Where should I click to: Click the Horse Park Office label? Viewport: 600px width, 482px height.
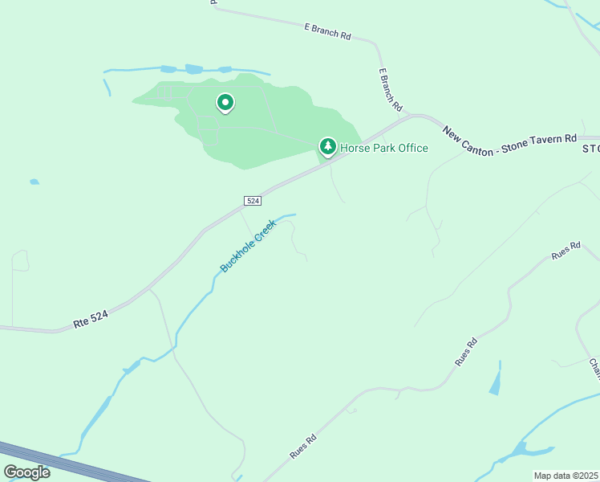click(384, 148)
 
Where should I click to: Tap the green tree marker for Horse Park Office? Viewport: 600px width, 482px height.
click(327, 146)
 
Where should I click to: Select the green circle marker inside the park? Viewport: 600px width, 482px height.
click(225, 103)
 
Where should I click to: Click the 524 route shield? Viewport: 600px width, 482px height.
click(253, 200)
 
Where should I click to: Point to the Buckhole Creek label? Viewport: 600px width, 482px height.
click(248, 246)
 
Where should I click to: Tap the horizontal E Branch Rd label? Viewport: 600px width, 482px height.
click(328, 32)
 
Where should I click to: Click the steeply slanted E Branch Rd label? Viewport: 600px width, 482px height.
click(391, 90)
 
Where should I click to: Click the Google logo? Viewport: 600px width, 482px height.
click(26, 472)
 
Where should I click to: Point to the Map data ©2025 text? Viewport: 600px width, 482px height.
click(566, 476)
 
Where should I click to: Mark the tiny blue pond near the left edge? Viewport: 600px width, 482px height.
click(34, 182)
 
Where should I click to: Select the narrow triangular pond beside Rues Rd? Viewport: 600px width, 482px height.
click(496, 379)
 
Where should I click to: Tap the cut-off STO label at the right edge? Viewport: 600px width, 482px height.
click(591, 149)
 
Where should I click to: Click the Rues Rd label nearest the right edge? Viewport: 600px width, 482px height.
click(565, 250)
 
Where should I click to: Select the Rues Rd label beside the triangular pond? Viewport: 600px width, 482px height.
click(466, 353)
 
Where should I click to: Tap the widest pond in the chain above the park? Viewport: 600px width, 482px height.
click(194, 70)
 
